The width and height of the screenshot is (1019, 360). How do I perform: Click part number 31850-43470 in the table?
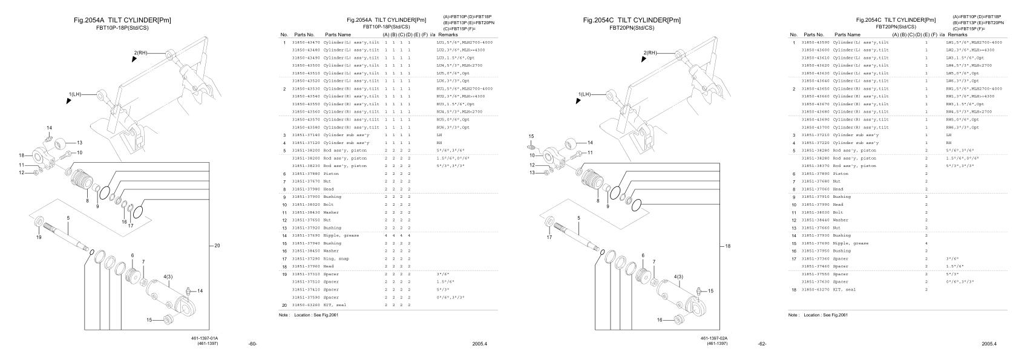(x=306, y=42)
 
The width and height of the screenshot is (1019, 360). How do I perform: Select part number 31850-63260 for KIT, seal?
(x=306, y=305)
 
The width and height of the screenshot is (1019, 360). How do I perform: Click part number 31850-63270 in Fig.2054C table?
(x=815, y=290)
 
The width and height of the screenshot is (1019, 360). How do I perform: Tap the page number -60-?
(x=253, y=344)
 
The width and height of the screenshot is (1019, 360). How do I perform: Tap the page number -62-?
(x=762, y=344)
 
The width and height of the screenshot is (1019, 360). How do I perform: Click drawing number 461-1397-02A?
(x=713, y=338)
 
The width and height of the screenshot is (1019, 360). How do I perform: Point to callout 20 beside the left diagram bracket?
(x=217, y=245)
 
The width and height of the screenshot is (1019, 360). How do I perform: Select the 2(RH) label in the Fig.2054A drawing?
(x=140, y=53)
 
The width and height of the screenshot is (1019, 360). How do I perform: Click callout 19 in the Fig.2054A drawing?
(x=39, y=238)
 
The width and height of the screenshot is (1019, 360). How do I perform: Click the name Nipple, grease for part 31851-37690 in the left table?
(x=341, y=235)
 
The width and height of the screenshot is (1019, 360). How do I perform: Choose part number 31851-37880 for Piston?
(x=306, y=174)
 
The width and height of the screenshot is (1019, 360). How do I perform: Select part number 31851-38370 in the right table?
(x=815, y=166)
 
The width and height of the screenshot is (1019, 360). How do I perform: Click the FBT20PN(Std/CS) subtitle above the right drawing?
(x=632, y=28)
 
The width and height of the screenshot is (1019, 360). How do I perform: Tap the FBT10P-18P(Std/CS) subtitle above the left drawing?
(x=122, y=28)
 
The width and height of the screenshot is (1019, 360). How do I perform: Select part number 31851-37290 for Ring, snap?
(x=306, y=259)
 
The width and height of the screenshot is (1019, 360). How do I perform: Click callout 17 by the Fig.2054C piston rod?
(x=549, y=238)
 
